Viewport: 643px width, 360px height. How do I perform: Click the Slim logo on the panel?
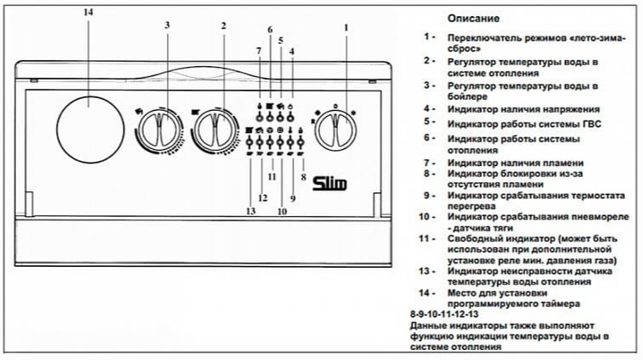click(330, 183)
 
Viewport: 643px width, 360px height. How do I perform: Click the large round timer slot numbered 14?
click(90, 130)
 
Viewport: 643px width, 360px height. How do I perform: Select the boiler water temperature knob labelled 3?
click(159, 129)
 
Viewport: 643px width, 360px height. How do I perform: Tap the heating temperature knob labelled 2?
click(215, 129)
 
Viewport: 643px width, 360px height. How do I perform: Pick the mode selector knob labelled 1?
click(335, 130)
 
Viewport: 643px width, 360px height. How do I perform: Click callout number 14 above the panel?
click(88, 13)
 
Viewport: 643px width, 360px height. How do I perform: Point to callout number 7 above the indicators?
click(258, 51)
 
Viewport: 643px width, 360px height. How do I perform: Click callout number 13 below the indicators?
click(251, 211)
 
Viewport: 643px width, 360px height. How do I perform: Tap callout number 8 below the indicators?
click(303, 177)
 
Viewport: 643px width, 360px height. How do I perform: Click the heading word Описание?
click(474, 19)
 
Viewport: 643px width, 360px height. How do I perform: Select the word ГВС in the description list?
click(591, 124)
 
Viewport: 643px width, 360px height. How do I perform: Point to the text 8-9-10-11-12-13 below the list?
click(444, 314)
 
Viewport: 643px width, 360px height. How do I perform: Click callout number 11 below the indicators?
click(272, 177)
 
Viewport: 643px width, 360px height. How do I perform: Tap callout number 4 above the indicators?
click(291, 52)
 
